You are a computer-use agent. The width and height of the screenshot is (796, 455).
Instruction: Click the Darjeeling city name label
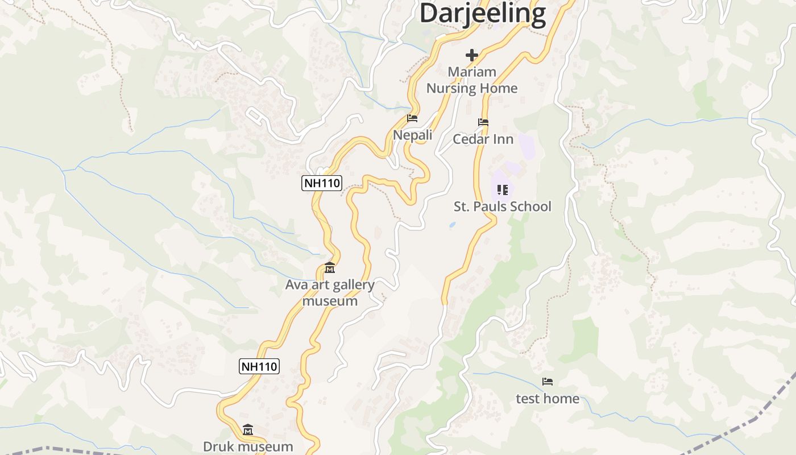[x=483, y=14]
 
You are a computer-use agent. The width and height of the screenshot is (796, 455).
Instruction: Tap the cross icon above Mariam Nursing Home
[x=471, y=55]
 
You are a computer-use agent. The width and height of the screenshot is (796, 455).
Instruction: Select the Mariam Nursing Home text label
[x=472, y=80]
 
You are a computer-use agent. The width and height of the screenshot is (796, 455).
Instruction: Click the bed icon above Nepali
[x=412, y=118]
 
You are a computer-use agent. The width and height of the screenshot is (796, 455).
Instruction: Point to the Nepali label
[x=413, y=135]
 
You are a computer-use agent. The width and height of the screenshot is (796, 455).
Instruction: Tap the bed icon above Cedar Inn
[x=483, y=122]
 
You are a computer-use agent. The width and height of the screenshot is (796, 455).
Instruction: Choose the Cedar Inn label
[x=483, y=139]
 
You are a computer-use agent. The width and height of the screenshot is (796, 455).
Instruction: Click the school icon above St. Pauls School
[x=502, y=189]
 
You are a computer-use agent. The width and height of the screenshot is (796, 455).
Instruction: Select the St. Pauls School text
[x=502, y=206]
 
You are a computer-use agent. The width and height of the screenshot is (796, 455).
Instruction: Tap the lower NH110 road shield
[x=259, y=366]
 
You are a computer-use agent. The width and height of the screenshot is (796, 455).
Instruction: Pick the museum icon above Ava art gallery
[x=330, y=267]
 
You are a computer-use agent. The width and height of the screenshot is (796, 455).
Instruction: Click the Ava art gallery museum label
[x=330, y=292]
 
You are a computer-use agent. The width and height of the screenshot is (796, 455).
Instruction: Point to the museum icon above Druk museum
[x=248, y=429]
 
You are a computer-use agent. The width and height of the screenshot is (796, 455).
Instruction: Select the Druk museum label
[x=248, y=446]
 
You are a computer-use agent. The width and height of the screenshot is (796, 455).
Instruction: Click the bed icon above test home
[x=548, y=382]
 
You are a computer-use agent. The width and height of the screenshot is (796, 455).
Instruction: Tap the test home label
[x=548, y=399]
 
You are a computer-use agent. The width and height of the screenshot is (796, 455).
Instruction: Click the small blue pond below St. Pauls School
[x=452, y=225]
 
